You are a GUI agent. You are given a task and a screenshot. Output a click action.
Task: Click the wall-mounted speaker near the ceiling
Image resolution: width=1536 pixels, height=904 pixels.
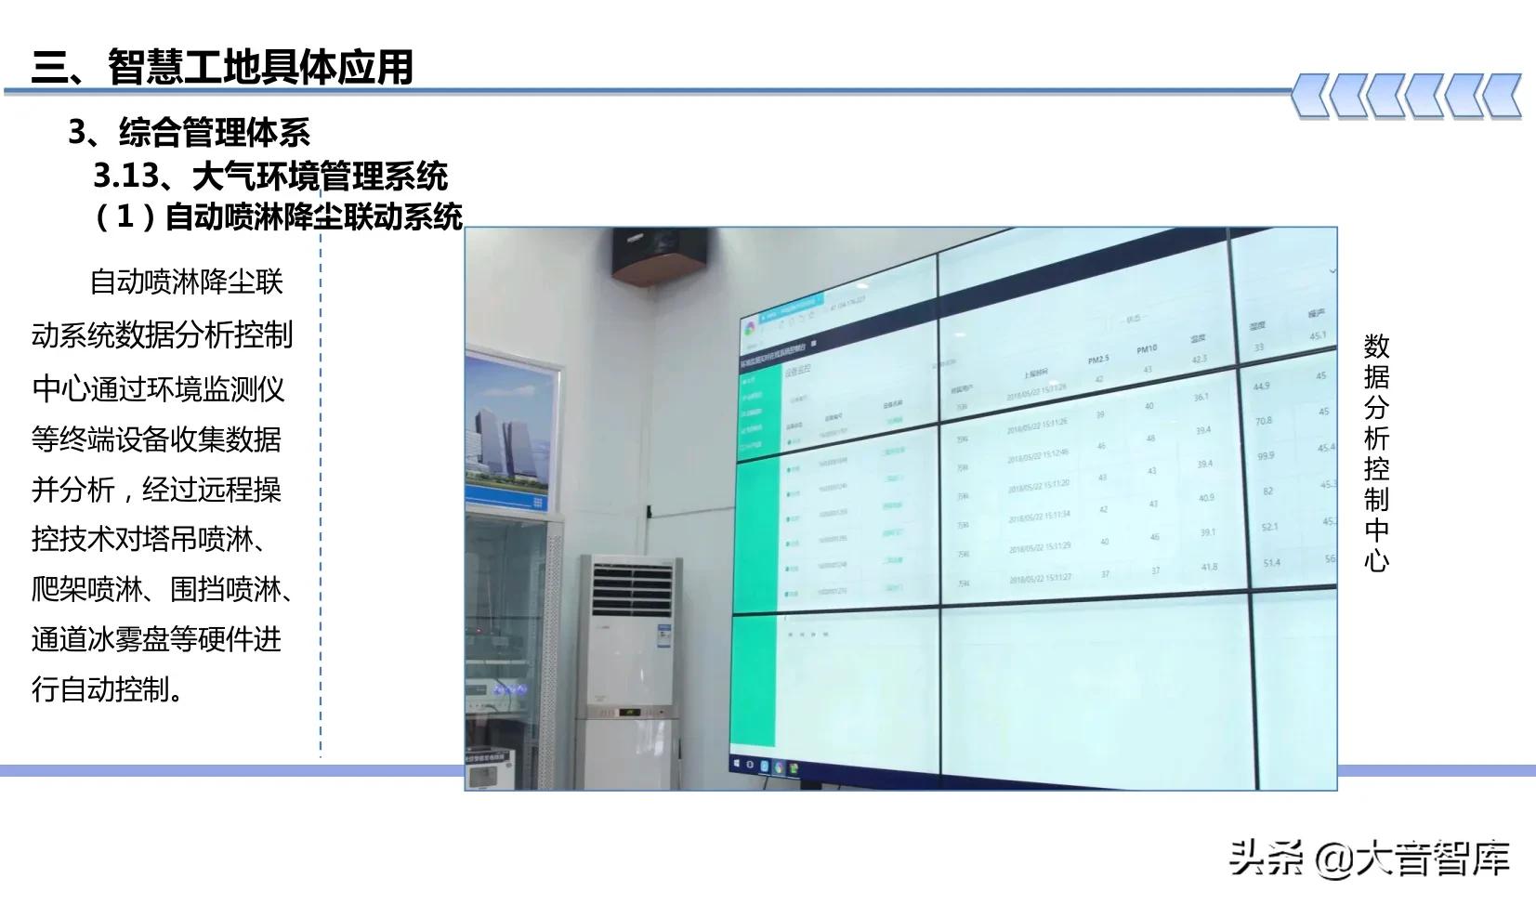pyautogui.click(x=660, y=255)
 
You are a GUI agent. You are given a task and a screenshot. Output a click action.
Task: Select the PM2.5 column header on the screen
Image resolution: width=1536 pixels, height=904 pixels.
pyautogui.click(x=1098, y=360)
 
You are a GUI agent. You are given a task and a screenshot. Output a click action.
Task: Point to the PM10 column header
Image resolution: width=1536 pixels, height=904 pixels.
pyautogui.click(x=1147, y=349)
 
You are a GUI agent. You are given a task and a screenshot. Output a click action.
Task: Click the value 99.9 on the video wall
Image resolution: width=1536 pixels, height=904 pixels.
pyautogui.click(x=1266, y=456)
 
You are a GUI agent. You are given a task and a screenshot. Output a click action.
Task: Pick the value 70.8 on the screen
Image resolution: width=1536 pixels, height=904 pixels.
pyautogui.click(x=1264, y=421)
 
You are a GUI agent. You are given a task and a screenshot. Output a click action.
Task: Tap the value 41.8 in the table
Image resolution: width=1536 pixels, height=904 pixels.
pyautogui.click(x=1209, y=567)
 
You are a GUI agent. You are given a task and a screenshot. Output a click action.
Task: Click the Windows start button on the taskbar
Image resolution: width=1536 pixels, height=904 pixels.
pyautogui.click(x=736, y=764)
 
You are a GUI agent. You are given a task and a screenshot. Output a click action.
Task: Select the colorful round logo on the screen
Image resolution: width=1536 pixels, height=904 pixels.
pyautogui.click(x=750, y=329)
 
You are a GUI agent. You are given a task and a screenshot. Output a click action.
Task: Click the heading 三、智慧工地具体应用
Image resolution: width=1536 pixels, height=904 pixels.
pyautogui.click(x=222, y=67)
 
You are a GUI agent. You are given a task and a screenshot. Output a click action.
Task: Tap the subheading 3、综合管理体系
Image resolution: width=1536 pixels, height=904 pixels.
pyautogui.click(x=189, y=133)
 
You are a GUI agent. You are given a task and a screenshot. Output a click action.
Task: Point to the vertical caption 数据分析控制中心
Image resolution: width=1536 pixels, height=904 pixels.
pyautogui.click(x=1376, y=452)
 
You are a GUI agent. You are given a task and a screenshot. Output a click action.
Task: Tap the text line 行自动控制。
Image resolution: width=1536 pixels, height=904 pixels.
pyautogui.click(x=108, y=688)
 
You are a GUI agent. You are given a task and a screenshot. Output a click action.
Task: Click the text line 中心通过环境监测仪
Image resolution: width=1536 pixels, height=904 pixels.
pyautogui.click(x=159, y=387)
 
